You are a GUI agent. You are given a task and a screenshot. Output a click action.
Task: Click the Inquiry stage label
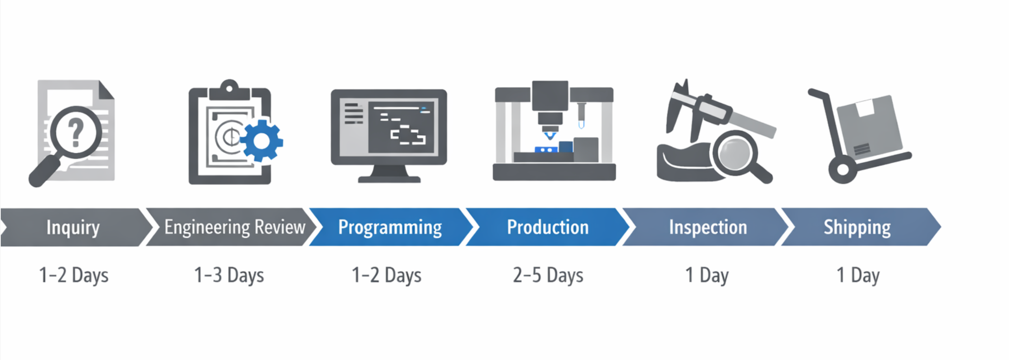[x=73, y=228]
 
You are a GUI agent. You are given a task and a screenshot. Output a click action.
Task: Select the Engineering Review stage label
[x=235, y=227]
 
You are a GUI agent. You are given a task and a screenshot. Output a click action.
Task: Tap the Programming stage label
[x=390, y=228]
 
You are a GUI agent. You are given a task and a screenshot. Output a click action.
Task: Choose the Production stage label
[x=548, y=227]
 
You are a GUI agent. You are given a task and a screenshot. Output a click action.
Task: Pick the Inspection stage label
[x=708, y=228]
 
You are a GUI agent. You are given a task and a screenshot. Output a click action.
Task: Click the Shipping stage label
[x=857, y=228]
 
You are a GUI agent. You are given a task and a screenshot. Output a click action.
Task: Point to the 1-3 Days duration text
[x=229, y=275]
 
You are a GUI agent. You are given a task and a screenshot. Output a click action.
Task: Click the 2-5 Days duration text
[x=548, y=275]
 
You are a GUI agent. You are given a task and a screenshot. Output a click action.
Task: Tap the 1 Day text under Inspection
[x=707, y=275]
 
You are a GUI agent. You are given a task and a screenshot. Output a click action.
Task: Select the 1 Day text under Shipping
[x=858, y=275]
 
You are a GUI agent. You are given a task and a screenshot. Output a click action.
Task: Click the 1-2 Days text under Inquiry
[x=74, y=275]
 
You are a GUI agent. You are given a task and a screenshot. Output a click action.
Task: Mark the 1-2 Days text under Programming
[x=386, y=275]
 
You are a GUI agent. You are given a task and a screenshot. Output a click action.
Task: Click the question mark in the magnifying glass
[x=76, y=132]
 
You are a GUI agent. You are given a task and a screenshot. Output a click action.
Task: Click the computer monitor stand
[x=389, y=174]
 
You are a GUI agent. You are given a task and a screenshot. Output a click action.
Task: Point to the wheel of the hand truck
[x=842, y=170]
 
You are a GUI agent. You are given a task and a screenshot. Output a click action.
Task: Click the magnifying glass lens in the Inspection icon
[x=734, y=152]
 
